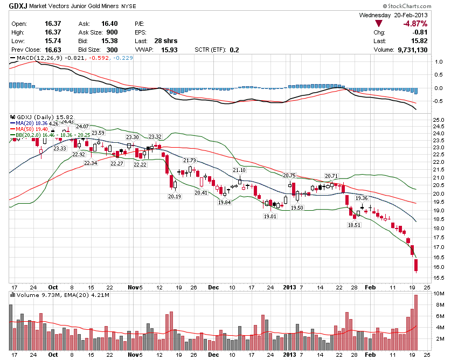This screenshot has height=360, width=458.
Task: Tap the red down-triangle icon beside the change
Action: [379, 24]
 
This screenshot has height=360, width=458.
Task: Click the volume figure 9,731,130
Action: [408, 50]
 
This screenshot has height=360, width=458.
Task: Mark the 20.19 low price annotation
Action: [175, 197]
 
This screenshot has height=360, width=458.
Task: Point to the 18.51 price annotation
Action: [354, 225]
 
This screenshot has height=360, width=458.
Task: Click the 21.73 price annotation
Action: [190, 161]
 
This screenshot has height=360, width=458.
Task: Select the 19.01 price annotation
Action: [270, 216]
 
